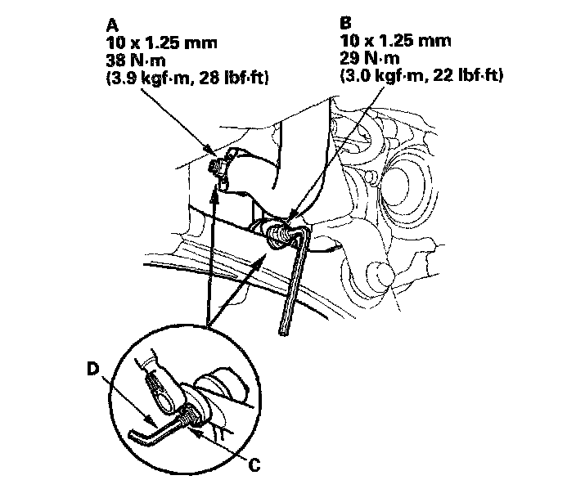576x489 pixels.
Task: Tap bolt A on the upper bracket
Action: (x=217, y=168)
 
